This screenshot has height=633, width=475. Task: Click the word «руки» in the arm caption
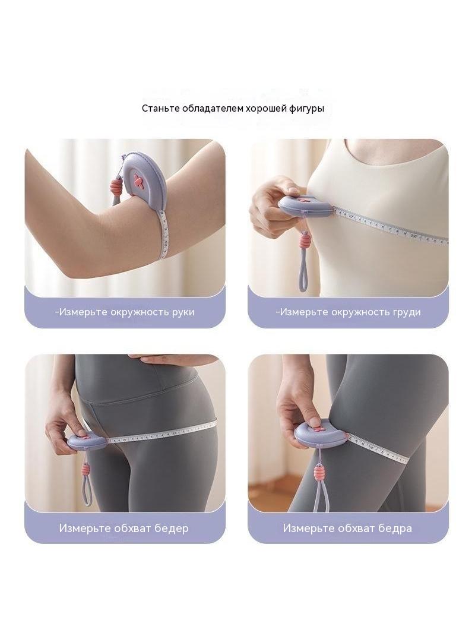coord(183,312)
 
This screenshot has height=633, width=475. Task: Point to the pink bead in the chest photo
coord(305,242)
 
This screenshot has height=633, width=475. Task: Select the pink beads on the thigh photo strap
coord(321,470)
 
